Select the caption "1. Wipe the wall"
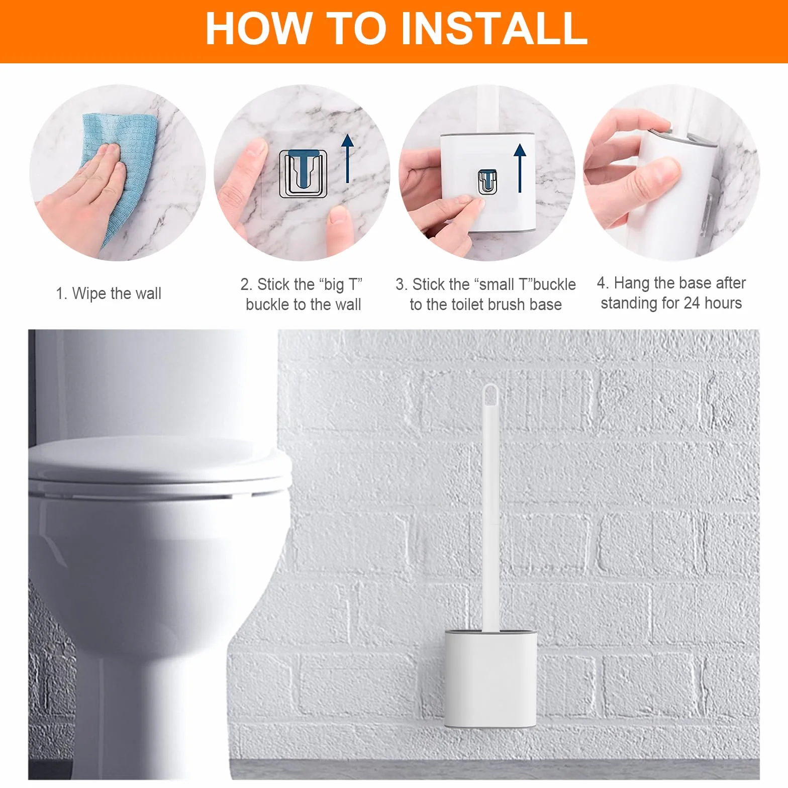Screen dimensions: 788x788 click(x=109, y=293)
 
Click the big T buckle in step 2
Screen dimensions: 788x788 click(x=303, y=173)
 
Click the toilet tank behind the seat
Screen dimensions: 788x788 click(x=151, y=382)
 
